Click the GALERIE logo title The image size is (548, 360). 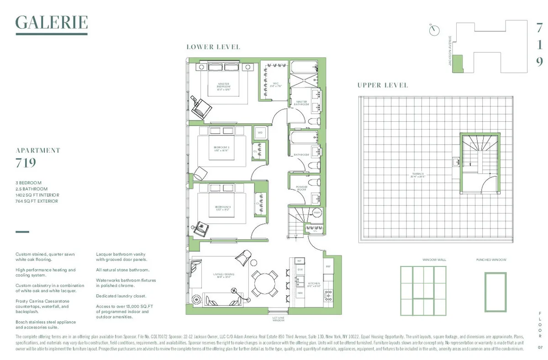coord(51,22)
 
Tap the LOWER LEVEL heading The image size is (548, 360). coord(213,47)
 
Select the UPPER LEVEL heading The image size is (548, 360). coord(383,85)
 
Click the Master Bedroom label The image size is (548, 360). coord(223,86)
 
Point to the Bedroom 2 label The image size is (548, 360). coord(221,149)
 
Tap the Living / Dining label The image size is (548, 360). coord(224,275)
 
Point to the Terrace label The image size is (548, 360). coord(418,175)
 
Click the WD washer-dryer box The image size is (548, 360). coord(260,133)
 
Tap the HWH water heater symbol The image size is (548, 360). coord(316,213)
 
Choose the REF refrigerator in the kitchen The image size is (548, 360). coord(328,266)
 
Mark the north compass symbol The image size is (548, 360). coord(434,30)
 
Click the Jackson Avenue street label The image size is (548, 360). coord(450,51)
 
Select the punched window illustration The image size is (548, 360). coord(495,292)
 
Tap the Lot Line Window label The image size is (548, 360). coord(279,319)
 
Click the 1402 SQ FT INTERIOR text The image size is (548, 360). coord(37,195)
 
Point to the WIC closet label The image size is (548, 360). coord(276,84)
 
